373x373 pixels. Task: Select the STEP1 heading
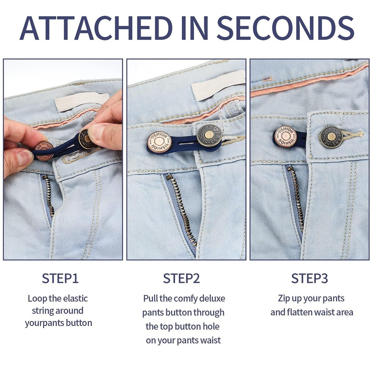pyautogui.click(x=60, y=278)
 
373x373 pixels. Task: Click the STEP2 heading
pyautogui.click(x=182, y=278)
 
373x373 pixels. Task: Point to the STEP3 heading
pyautogui.click(x=310, y=278)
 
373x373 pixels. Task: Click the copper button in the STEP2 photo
pyautogui.click(x=159, y=143)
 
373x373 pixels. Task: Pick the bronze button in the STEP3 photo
pyautogui.click(x=331, y=137)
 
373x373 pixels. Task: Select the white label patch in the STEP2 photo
pyautogui.click(x=218, y=86)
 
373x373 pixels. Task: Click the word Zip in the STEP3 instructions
pyautogui.click(x=285, y=298)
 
